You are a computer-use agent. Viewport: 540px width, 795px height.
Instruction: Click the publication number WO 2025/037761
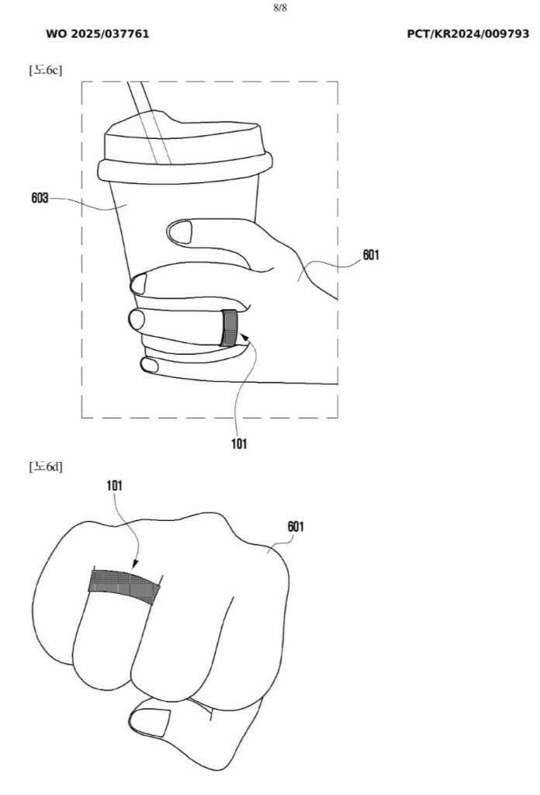98,34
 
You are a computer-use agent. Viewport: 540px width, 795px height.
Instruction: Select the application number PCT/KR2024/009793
468,34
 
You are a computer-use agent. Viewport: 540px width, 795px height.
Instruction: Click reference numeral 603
40,198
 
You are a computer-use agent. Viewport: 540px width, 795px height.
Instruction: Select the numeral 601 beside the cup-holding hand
371,255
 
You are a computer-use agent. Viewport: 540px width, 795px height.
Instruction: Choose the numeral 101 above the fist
114,486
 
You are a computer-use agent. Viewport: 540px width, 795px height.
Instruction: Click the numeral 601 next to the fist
296,526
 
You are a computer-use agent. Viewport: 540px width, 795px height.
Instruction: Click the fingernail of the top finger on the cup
182,231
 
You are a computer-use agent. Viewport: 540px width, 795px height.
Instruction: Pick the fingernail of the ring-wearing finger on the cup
137,318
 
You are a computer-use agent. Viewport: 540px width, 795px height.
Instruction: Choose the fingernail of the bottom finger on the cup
148,363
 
